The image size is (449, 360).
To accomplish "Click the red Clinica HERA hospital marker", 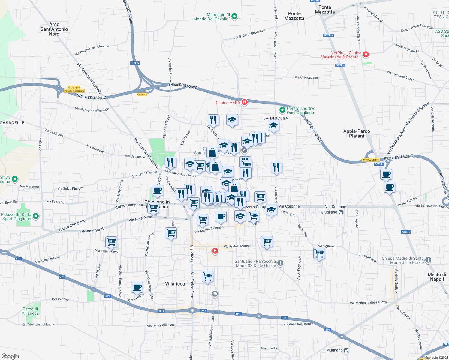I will [x=245, y=102].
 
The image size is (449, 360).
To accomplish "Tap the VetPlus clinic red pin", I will [x=366, y=55].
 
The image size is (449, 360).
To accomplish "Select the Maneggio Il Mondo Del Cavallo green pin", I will [x=235, y=16].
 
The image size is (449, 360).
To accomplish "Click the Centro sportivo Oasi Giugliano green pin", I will [x=282, y=110].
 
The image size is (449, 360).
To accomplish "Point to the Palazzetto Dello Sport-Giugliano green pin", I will [x=36, y=216].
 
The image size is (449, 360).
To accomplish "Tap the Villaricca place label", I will [x=175, y=284].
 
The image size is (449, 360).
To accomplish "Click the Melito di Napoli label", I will [x=437, y=277].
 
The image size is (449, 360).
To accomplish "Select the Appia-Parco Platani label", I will [x=357, y=133].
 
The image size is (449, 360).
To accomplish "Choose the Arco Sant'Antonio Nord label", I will [x=54, y=29].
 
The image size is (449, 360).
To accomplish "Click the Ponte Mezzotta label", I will [x=325, y=10].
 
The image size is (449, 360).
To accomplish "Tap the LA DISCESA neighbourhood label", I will [x=276, y=118].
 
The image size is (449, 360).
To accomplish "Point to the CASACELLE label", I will [x=12, y=123].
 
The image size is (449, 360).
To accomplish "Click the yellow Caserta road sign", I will [x=142, y=94].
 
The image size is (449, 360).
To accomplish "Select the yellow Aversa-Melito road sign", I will [x=371, y=160].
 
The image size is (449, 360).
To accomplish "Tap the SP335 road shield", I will [x=135, y=63].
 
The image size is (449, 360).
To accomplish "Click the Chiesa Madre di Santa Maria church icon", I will [x=428, y=260].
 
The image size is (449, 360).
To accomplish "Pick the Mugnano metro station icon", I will [x=346, y=350].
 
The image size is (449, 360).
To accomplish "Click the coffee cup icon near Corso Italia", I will [x=137, y=287].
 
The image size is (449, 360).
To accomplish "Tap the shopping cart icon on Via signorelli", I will [x=319, y=253].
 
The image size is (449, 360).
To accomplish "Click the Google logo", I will [x=10, y=356].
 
